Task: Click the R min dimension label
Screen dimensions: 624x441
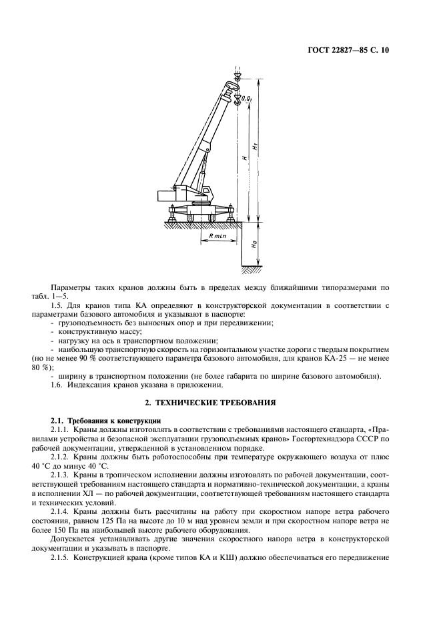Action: (x=218, y=236)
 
